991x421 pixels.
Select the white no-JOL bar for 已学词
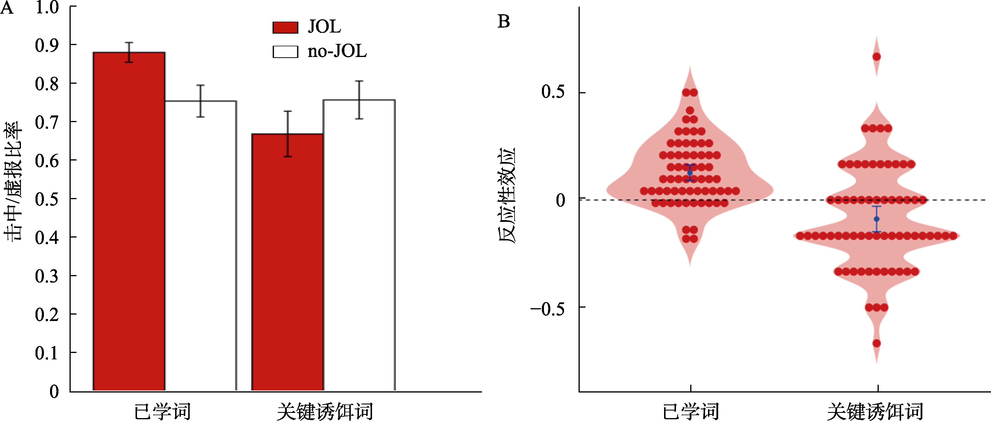coord(201,246)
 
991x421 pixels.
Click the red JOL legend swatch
coord(285,27)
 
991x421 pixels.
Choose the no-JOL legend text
coord(337,51)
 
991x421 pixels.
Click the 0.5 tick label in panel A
coord(47,199)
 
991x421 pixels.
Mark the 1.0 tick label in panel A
coord(47,7)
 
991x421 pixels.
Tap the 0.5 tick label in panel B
coord(553,92)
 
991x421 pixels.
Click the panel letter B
coord(503,22)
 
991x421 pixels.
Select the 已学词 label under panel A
coord(162,411)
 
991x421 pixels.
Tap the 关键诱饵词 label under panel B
coord(875,411)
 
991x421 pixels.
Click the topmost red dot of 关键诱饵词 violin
coord(877,57)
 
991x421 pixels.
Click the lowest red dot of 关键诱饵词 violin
coord(877,343)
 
